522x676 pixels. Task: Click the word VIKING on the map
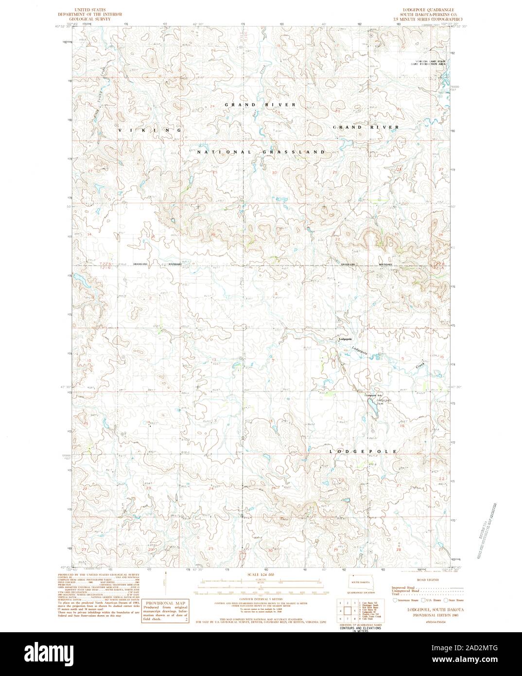pos(150,130)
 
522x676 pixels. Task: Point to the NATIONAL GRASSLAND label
pos(261,152)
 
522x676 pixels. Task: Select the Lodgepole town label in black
pos(345,339)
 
